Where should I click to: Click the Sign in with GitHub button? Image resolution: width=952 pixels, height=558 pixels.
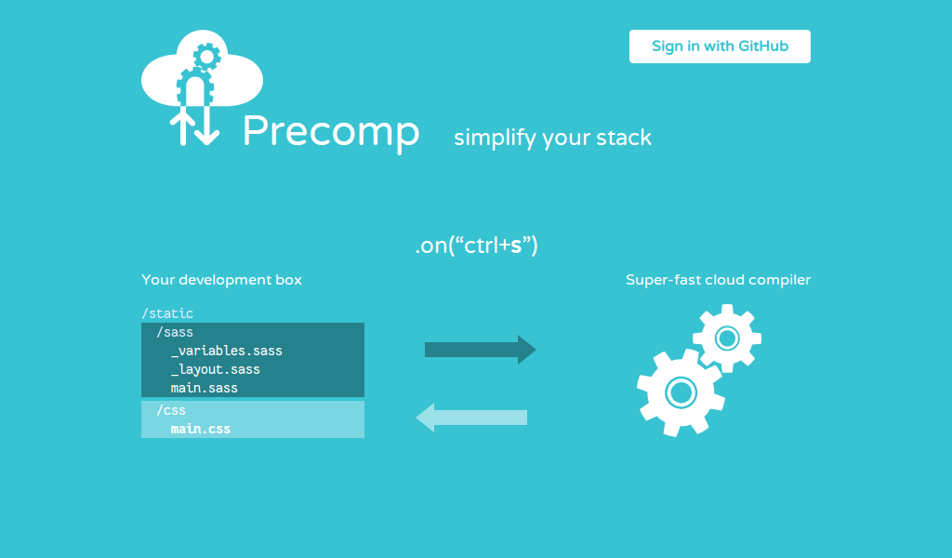click(720, 46)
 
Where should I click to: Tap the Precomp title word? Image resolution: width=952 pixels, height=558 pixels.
click(330, 132)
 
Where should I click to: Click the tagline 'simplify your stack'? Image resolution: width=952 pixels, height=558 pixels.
click(552, 139)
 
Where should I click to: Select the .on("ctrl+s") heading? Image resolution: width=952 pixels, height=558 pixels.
click(476, 246)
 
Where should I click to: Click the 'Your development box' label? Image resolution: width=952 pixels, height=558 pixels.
click(221, 280)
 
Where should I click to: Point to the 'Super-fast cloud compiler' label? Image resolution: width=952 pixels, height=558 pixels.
click(718, 280)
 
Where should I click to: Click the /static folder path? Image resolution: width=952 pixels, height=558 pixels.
click(167, 313)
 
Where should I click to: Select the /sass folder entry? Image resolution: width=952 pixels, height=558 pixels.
click(175, 332)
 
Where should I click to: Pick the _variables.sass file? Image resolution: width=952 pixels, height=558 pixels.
click(226, 351)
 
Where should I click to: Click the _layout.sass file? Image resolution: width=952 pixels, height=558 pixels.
click(215, 369)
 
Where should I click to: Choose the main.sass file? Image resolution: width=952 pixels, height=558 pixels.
click(204, 388)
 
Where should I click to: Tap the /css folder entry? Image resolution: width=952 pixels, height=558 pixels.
click(171, 410)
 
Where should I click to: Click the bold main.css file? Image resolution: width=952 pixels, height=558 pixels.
click(200, 429)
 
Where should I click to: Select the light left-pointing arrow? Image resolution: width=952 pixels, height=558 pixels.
click(471, 418)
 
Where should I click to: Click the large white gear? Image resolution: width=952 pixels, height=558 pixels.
click(681, 392)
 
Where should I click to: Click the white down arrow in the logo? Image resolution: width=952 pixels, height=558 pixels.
click(206, 127)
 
